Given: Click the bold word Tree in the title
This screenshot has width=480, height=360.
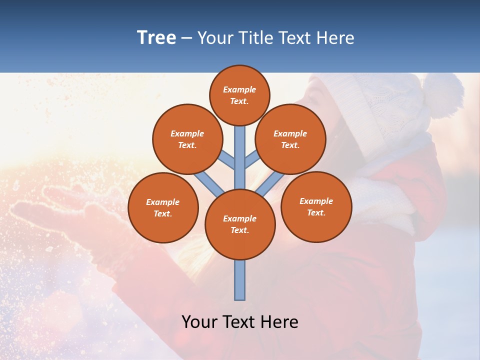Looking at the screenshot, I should click(x=156, y=38).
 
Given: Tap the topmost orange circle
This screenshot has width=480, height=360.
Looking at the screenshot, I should click(x=239, y=95).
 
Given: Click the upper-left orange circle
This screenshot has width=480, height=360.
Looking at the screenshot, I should click(x=187, y=139).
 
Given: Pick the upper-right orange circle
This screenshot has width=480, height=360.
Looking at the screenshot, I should click(x=290, y=139).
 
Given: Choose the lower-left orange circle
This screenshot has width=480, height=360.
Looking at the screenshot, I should click(x=163, y=207).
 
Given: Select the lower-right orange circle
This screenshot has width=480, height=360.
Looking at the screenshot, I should click(x=316, y=206).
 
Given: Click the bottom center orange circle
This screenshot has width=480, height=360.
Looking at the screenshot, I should click(x=240, y=224).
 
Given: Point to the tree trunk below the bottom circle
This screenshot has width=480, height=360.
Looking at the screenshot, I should click(x=240, y=280).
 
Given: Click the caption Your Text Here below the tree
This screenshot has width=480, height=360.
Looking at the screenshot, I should click(x=240, y=322).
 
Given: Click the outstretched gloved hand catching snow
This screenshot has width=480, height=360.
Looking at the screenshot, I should click(x=75, y=210).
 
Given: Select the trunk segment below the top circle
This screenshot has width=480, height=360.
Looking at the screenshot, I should click(x=240, y=150).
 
